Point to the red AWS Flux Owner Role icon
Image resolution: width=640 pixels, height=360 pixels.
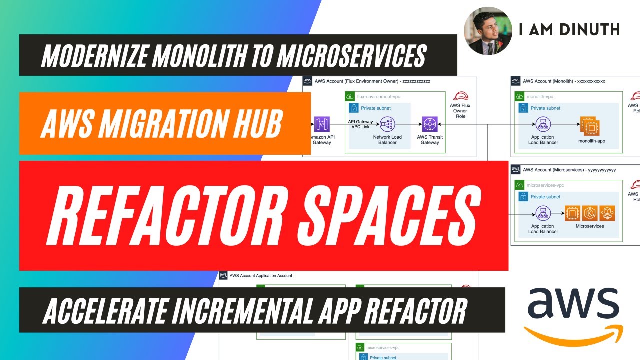[460, 96]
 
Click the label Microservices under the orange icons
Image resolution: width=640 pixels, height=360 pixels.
[590, 226]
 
